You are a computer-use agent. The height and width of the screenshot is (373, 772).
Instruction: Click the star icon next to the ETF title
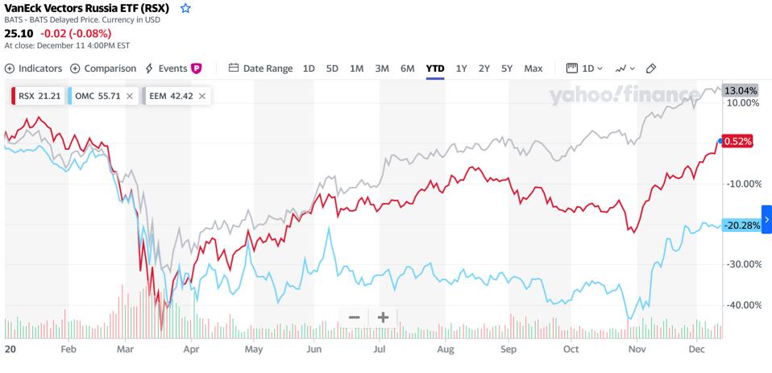pos(185,8)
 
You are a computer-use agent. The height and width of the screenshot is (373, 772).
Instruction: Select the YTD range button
pos(435,68)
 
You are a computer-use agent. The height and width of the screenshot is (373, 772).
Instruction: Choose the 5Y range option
pos(506,68)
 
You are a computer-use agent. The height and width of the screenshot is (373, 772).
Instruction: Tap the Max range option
pos(533,68)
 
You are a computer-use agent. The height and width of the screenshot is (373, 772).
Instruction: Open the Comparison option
pos(103,68)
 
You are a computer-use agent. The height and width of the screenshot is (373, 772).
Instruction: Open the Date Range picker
pos(260,68)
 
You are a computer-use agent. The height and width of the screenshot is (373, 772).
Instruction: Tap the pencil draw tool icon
pos(651,68)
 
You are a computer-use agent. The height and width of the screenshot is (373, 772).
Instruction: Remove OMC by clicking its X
pos(129,96)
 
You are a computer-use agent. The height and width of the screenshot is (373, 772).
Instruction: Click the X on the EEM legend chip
pos(201,96)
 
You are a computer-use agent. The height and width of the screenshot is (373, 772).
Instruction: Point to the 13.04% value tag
pos(741,90)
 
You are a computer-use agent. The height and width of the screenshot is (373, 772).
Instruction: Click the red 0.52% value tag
pos(737,141)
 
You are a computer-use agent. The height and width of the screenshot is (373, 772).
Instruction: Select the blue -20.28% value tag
pos(741,225)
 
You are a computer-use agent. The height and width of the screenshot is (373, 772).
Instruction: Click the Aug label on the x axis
pos(444,350)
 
